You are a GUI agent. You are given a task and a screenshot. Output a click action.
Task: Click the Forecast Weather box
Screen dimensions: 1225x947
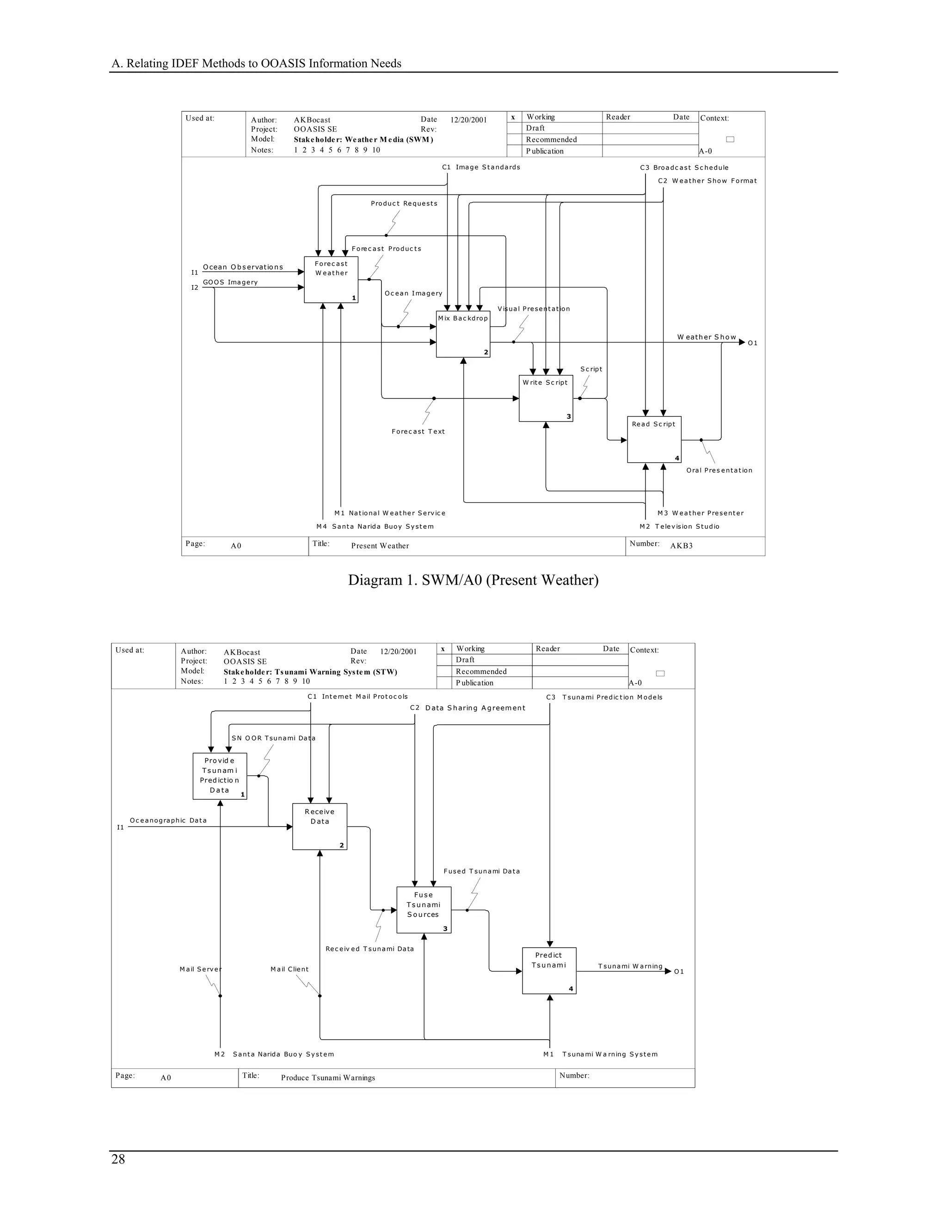[x=331, y=280]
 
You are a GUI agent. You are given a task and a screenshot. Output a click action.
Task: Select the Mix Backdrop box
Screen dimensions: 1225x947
[x=463, y=334]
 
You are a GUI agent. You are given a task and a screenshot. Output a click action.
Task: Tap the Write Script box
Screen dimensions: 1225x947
[x=545, y=398]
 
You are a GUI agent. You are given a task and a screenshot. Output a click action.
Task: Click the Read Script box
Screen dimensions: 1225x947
[x=653, y=439]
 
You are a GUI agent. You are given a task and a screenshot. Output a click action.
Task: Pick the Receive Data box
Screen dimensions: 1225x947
[x=319, y=827]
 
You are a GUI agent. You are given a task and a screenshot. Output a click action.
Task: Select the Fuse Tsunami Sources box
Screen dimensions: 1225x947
[x=424, y=910]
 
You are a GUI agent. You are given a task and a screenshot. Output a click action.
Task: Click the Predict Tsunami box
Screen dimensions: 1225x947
[x=549, y=971]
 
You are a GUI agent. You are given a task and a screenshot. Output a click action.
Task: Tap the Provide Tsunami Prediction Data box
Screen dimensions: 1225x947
[x=219, y=776]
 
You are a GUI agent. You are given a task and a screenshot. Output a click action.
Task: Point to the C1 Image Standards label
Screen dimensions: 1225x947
[x=481, y=167]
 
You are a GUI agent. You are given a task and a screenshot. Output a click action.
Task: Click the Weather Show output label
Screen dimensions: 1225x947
[x=707, y=337]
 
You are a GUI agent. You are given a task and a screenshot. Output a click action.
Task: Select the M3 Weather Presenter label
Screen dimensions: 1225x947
[x=701, y=513]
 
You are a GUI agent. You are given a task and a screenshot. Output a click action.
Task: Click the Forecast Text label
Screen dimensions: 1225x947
[x=418, y=431]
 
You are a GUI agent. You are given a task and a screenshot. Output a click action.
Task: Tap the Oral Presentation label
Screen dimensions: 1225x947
[x=719, y=471]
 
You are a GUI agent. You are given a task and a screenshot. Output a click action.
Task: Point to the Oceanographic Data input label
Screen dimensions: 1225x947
[x=168, y=820]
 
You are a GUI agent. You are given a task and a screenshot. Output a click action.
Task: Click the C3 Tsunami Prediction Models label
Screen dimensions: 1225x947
[x=604, y=697]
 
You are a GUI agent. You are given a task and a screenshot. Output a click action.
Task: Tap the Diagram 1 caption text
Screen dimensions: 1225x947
[x=473, y=580]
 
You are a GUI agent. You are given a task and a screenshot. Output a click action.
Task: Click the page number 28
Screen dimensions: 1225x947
[x=118, y=1159]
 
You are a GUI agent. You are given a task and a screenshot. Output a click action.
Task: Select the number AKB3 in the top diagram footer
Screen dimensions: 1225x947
[x=681, y=546]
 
